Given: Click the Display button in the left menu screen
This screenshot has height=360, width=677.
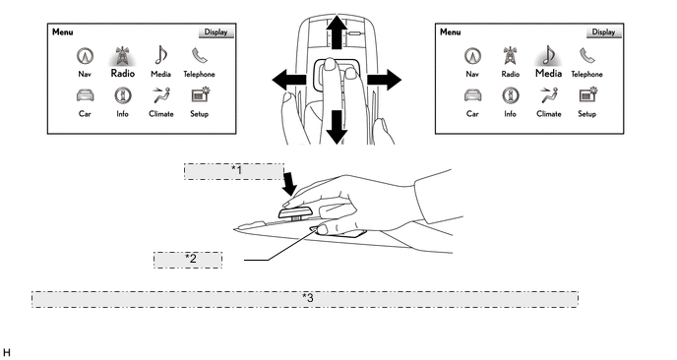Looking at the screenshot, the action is pyautogui.click(x=215, y=31).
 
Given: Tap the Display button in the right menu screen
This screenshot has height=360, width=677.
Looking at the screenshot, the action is pyautogui.click(x=603, y=31).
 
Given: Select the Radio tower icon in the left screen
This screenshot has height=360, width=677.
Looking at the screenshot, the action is pyautogui.click(x=123, y=56).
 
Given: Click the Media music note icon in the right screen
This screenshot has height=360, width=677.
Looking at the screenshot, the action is pyautogui.click(x=548, y=55).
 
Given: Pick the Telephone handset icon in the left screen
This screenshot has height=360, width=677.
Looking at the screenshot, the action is pyautogui.click(x=200, y=56).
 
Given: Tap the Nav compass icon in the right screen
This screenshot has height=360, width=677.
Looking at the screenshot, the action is pyautogui.click(x=472, y=56).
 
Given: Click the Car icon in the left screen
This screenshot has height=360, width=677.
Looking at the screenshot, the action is pyautogui.click(x=85, y=95).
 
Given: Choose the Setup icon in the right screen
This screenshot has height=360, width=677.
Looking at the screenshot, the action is pyautogui.click(x=587, y=95).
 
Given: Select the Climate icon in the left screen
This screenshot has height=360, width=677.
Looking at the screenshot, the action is pyautogui.click(x=161, y=95).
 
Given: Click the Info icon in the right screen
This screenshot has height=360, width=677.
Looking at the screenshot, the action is pyautogui.click(x=511, y=95).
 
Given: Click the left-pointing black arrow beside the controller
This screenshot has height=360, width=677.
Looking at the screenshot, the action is pyautogui.click(x=289, y=80).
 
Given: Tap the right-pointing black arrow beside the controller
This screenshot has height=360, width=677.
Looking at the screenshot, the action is pyautogui.click(x=385, y=80).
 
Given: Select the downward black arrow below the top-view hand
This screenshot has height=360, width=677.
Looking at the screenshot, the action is pyautogui.click(x=337, y=127).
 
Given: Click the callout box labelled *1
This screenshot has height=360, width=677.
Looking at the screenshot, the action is pyautogui.click(x=234, y=171).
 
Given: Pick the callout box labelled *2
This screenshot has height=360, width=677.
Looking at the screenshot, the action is pyautogui.click(x=188, y=260).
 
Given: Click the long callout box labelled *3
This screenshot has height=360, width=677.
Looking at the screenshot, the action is pyautogui.click(x=305, y=299).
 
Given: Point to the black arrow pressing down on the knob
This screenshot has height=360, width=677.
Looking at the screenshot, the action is pyautogui.click(x=289, y=184).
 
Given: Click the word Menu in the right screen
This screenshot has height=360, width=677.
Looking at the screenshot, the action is pyautogui.click(x=451, y=31).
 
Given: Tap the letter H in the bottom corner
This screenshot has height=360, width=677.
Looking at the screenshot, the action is pyautogui.click(x=6, y=353).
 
